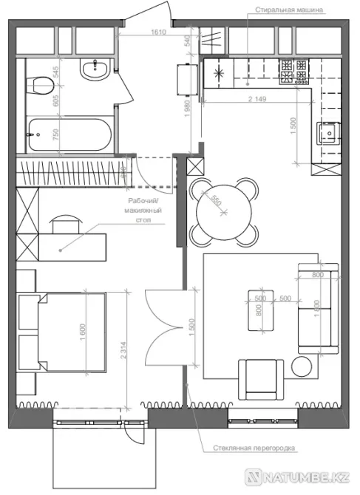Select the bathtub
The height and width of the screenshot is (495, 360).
69,135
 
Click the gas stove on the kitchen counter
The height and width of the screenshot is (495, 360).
293,71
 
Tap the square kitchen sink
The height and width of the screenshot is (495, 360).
327,134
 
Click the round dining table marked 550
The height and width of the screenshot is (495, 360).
222,208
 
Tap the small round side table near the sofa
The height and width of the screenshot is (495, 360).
302,366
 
